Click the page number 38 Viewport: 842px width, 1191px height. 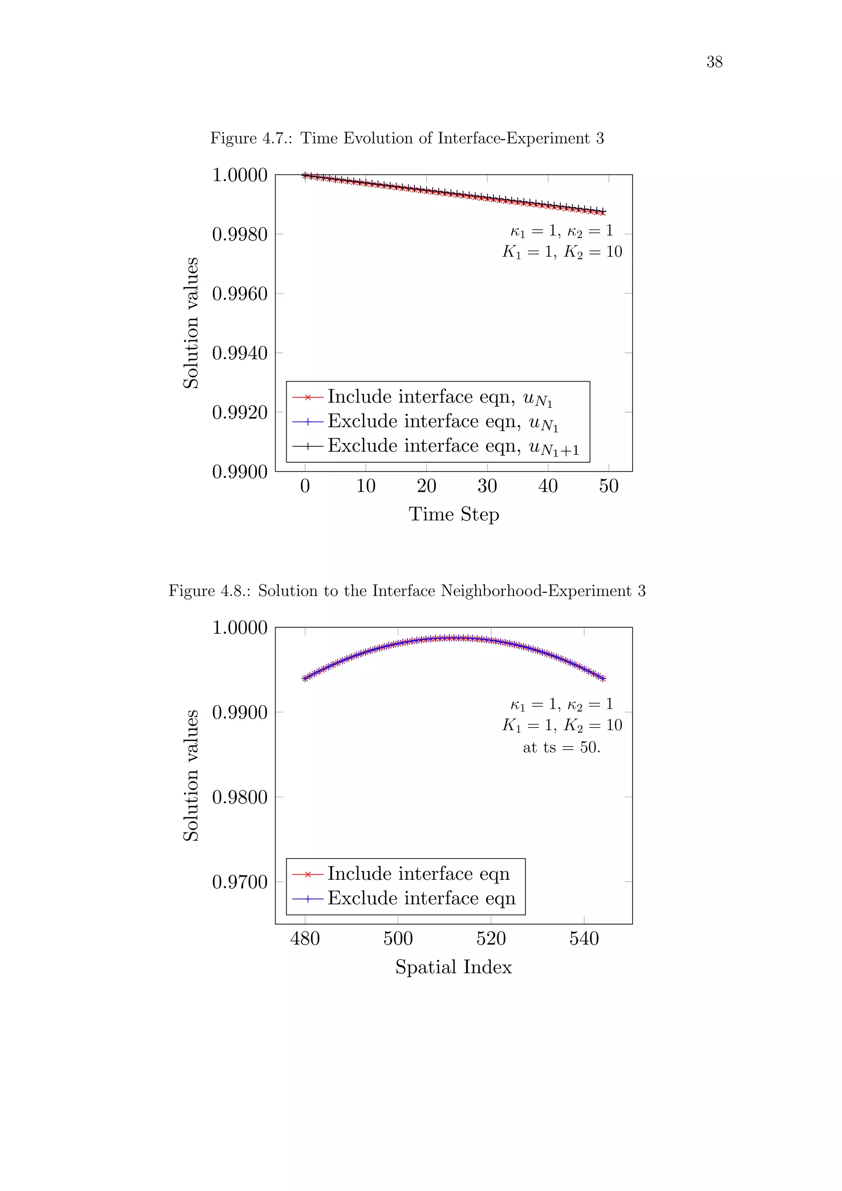(714, 62)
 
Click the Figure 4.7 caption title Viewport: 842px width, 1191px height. (407, 139)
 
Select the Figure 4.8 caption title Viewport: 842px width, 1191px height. (407, 591)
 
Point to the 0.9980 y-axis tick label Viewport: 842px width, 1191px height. (240, 234)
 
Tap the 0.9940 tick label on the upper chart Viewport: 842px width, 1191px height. (240, 353)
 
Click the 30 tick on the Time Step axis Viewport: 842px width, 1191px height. (487, 486)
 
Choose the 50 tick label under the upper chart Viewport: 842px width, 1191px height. (609, 486)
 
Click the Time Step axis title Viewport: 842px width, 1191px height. (453, 514)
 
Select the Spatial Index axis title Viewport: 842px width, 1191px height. (453, 967)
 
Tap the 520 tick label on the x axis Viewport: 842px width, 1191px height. (490, 938)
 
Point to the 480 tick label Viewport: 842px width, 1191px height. (305, 938)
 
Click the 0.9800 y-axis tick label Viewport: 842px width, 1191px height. (240, 797)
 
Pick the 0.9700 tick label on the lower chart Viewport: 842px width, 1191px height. (240, 882)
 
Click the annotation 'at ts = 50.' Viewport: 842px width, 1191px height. (562, 748)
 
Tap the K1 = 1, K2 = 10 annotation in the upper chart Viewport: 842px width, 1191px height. (562, 252)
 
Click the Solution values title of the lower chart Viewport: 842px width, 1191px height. (191, 776)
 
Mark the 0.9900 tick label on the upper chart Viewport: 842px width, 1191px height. (240, 472)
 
